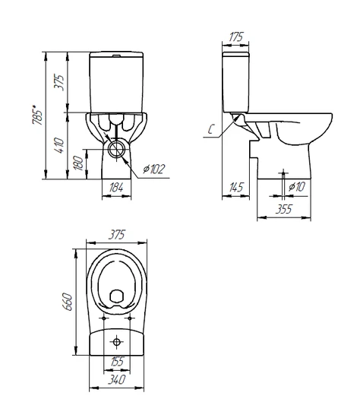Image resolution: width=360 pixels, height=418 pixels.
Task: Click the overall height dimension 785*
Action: coord(37,116)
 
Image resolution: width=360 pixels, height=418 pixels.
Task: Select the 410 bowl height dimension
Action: coord(59,145)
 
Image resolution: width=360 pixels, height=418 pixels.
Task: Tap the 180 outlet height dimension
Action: coord(79,163)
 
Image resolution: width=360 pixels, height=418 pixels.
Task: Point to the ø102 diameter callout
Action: coord(153,169)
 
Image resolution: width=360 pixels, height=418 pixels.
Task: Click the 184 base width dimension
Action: coord(116,187)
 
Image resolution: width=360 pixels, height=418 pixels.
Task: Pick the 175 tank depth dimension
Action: coord(236,36)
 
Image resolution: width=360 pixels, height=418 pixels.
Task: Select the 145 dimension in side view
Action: coord(236,187)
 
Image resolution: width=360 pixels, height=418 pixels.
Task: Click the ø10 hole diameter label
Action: coord(296,187)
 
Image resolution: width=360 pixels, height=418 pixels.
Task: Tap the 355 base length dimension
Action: coord(284,209)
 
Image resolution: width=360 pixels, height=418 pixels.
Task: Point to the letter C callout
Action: coord(211,129)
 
